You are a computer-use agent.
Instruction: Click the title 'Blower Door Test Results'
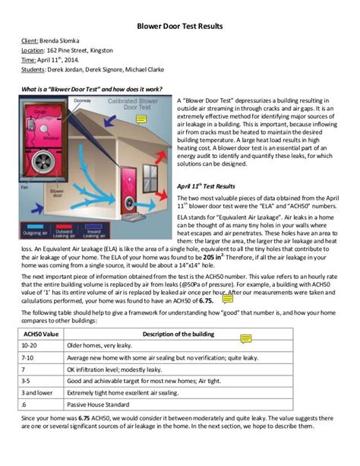(179, 25)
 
